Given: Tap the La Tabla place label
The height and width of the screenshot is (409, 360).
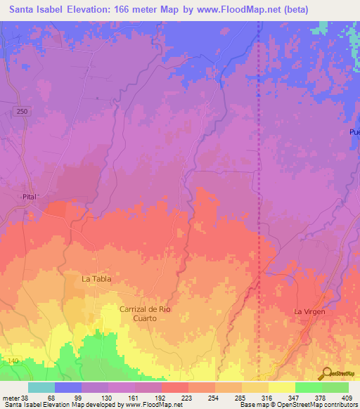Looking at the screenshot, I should tap(96, 279).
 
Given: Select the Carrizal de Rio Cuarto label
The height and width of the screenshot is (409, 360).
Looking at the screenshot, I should tap(146, 313).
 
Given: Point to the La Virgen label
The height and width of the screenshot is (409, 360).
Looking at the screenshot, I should tap(309, 311).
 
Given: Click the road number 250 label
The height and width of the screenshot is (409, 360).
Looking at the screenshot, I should tap(22, 112).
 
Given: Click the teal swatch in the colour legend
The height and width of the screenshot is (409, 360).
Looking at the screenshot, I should tap(41, 387).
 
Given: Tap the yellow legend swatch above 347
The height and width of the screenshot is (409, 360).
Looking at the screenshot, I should tap(282, 387).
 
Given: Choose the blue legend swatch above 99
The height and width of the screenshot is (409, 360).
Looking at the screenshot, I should tap(68, 387).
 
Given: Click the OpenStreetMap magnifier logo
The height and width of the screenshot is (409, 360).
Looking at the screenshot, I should tap(326, 372).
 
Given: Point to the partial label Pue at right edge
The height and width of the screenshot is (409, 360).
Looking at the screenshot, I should tap(354, 132).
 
